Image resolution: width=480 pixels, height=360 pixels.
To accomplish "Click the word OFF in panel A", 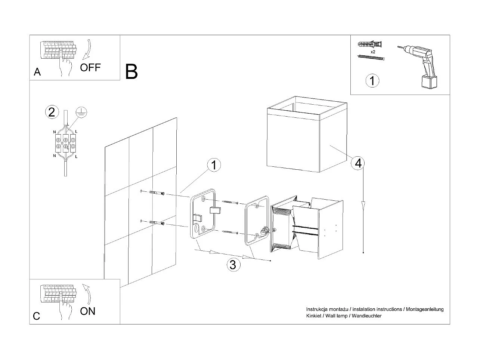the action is (90, 68).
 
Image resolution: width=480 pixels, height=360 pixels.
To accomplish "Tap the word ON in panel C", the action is (88, 311).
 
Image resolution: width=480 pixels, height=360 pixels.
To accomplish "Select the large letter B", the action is (131, 71).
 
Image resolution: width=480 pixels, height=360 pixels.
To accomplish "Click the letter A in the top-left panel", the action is (37, 72).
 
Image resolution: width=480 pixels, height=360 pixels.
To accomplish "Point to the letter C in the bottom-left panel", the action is (37, 316).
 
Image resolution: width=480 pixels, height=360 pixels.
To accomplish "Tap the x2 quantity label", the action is (373, 52).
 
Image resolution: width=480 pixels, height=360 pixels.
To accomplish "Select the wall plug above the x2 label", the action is (370, 44).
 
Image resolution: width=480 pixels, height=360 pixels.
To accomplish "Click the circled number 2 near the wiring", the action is (52, 112).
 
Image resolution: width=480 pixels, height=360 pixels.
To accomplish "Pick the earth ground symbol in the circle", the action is (81, 112).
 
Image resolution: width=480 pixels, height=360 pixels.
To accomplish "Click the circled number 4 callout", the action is (358, 163).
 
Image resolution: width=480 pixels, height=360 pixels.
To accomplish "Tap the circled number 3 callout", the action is (233, 265).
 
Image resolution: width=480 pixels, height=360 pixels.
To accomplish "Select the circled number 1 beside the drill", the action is (372, 81).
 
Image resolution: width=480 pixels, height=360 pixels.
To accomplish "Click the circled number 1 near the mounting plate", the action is (214, 165).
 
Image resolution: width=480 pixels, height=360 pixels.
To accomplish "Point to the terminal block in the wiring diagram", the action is (65, 143).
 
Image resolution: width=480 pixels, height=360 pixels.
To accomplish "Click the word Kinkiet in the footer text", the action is (313, 316).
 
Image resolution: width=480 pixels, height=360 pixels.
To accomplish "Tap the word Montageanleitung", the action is (425, 310).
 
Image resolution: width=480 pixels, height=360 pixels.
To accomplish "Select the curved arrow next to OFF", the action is (87, 49).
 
